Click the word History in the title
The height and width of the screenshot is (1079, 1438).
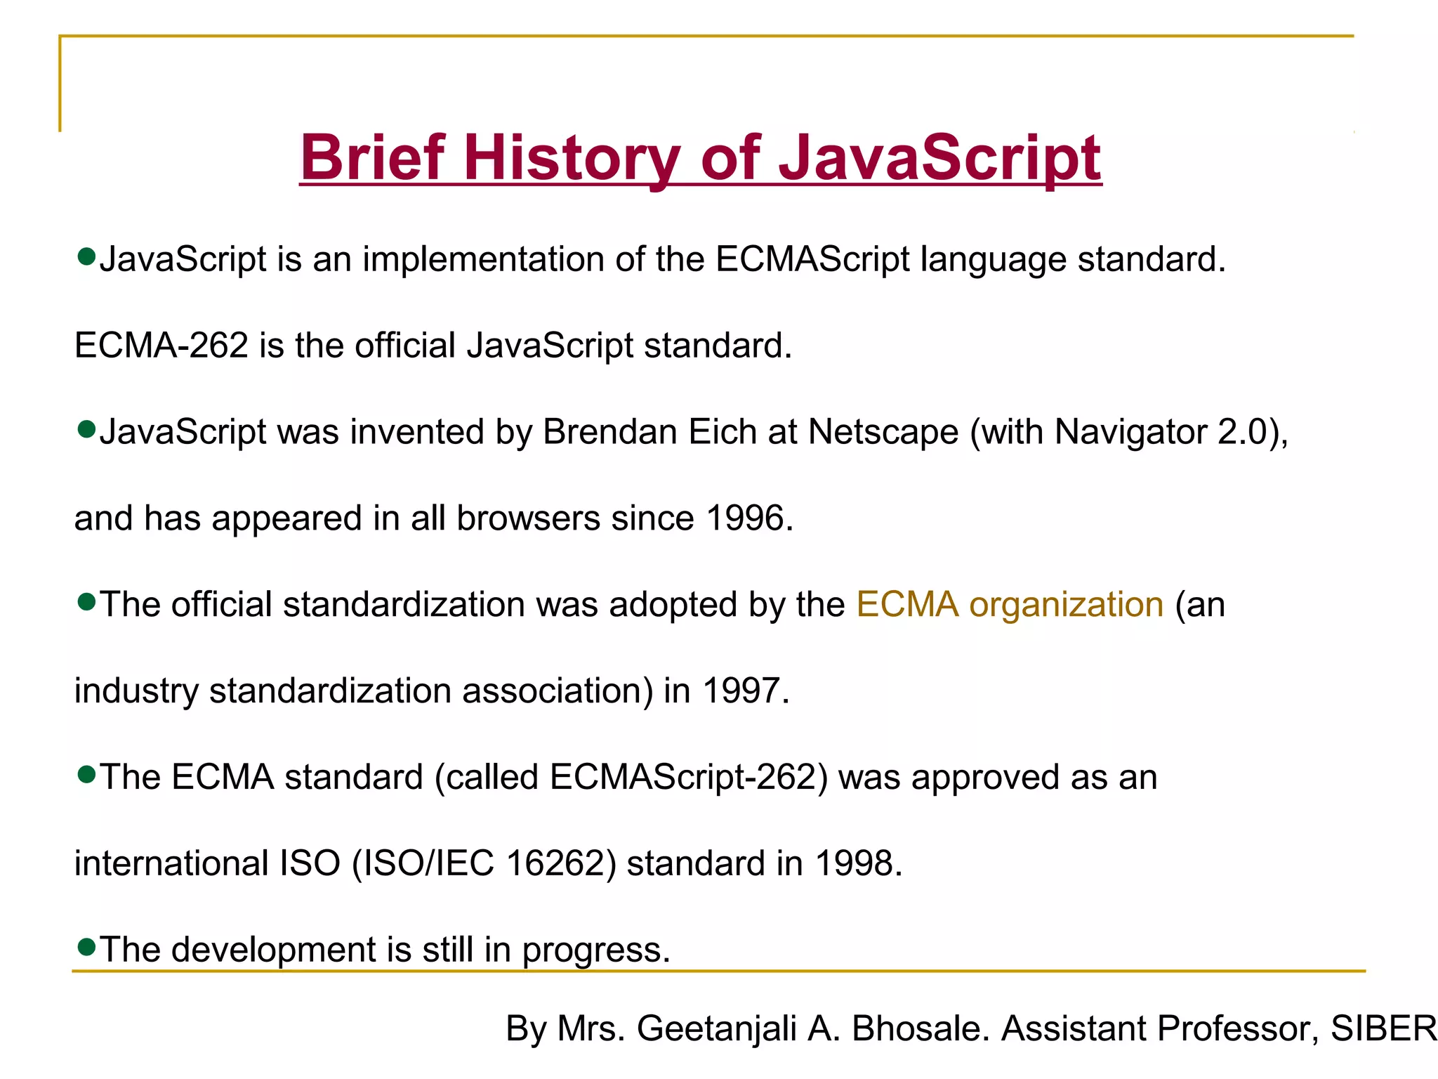pyautogui.click(x=571, y=158)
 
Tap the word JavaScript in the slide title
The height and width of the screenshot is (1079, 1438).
pyautogui.click(x=940, y=158)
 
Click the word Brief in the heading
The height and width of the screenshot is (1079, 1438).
pyautogui.click(x=373, y=158)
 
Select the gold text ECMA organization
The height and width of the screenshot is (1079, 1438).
pyautogui.click(x=1010, y=604)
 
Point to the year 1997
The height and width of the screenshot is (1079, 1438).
pyautogui.click(x=742, y=691)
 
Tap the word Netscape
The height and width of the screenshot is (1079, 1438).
pyautogui.click(x=883, y=432)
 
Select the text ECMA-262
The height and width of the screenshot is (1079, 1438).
pyautogui.click(x=161, y=346)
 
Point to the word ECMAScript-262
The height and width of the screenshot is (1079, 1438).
pyautogui.click(x=682, y=777)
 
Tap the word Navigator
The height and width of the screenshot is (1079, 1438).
pyautogui.click(x=1130, y=432)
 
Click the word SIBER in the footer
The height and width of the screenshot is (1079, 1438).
pyautogui.click(x=1383, y=1028)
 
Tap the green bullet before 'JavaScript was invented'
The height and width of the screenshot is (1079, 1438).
pyautogui.click(x=86, y=429)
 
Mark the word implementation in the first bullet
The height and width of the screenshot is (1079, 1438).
pyautogui.click(x=483, y=259)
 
